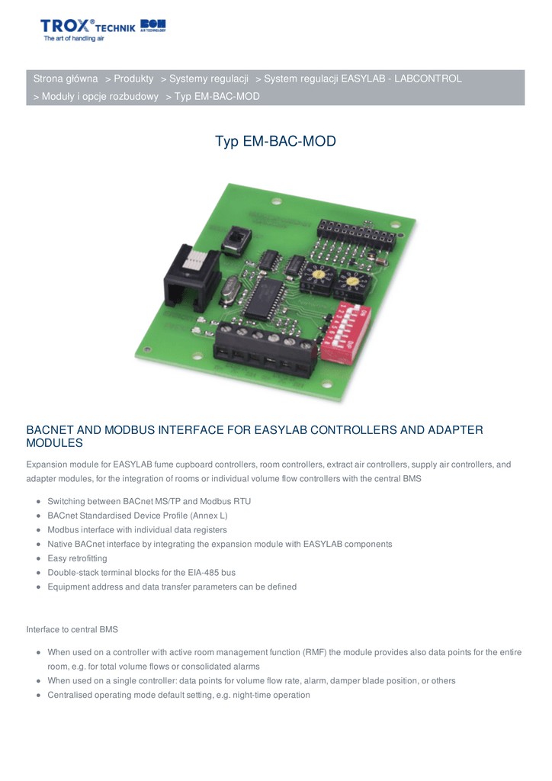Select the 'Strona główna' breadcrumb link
tap(66, 79)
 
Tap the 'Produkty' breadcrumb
tap(133, 79)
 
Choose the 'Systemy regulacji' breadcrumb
tap(209, 79)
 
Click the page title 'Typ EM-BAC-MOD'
tap(275, 142)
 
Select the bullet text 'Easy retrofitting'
tap(77, 558)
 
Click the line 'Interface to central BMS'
tap(72, 630)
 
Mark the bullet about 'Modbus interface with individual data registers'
tap(136, 530)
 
